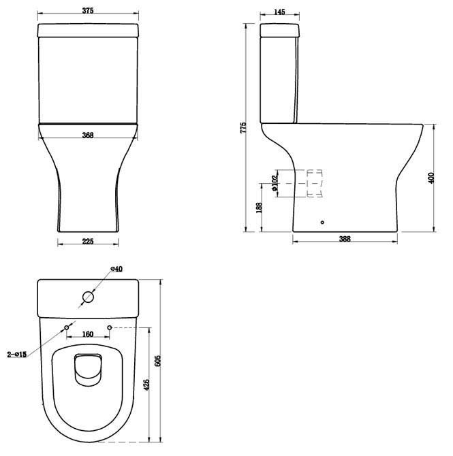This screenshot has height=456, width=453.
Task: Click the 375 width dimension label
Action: (88, 10)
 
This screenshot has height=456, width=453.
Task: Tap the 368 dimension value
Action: (88, 135)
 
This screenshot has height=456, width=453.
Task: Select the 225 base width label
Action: (88, 242)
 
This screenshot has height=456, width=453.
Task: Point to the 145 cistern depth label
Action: (279, 12)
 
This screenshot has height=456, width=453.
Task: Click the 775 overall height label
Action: (243, 128)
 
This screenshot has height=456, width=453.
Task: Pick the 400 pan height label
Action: (431, 178)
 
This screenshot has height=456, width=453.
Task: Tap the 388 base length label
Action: (345, 239)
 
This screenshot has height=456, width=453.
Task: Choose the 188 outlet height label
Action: (259, 208)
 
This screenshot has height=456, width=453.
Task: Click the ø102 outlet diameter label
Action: (275, 183)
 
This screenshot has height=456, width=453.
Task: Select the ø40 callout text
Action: (116, 269)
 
